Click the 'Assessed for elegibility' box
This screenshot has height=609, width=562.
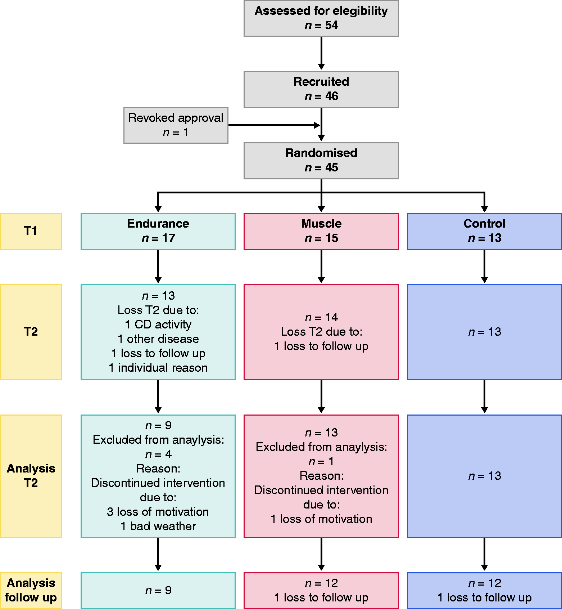(x=321, y=18)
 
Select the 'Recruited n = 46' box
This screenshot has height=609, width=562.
(x=321, y=89)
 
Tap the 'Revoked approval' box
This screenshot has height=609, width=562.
(x=176, y=125)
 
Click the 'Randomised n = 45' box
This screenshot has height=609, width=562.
(x=321, y=161)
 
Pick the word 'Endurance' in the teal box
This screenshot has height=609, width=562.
(x=158, y=224)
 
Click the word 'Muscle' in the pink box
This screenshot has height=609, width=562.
(x=321, y=224)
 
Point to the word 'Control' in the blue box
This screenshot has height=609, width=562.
(x=484, y=224)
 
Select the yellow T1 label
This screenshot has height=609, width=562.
(x=31, y=231)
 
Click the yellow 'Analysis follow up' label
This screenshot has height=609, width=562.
(x=31, y=591)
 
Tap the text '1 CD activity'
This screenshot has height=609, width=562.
(x=158, y=324)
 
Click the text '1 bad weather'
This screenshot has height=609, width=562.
(x=158, y=526)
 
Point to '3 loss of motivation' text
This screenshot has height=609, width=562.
(x=158, y=512)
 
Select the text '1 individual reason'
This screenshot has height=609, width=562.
(x=158, y=368)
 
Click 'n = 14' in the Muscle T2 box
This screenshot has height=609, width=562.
(x=321, y=317)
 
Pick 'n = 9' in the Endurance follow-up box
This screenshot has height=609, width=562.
(x=158, y=590)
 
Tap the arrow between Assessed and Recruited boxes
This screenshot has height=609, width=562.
(x=321, y=53)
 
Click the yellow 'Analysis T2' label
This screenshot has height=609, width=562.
(x=31, y=476)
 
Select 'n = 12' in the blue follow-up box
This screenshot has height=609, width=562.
(x=484, y=583)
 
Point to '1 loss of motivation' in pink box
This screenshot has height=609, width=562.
(x=321, y=519)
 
